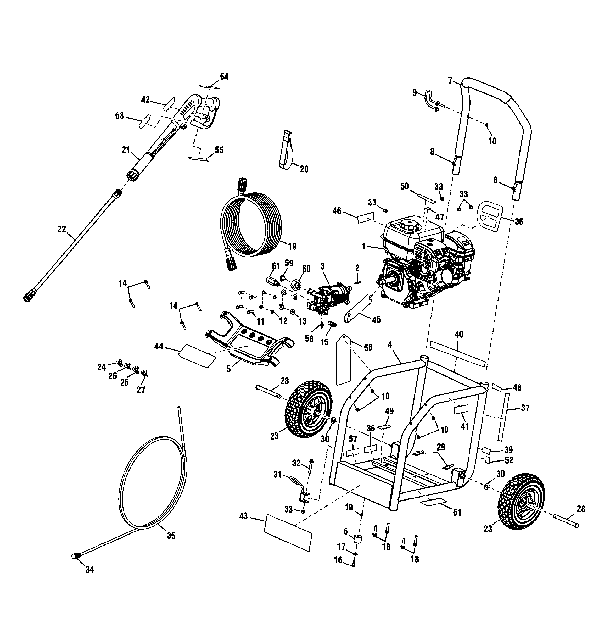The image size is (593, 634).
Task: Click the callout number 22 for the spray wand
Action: pyautogui.click(x=62, y=229)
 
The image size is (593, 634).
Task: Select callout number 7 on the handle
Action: pyautogui.click(x=450, y=81)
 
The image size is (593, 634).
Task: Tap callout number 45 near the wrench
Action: pyautogui.click(x=377, y=319)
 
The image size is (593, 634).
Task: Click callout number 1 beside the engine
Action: pyautogui.click(x=363, y=247)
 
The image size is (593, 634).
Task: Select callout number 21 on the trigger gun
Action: pyautogui.click(x=126, y=150)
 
